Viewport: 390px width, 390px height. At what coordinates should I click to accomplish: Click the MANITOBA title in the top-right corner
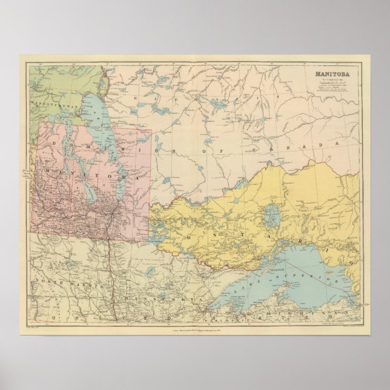(x=331, y=74)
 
